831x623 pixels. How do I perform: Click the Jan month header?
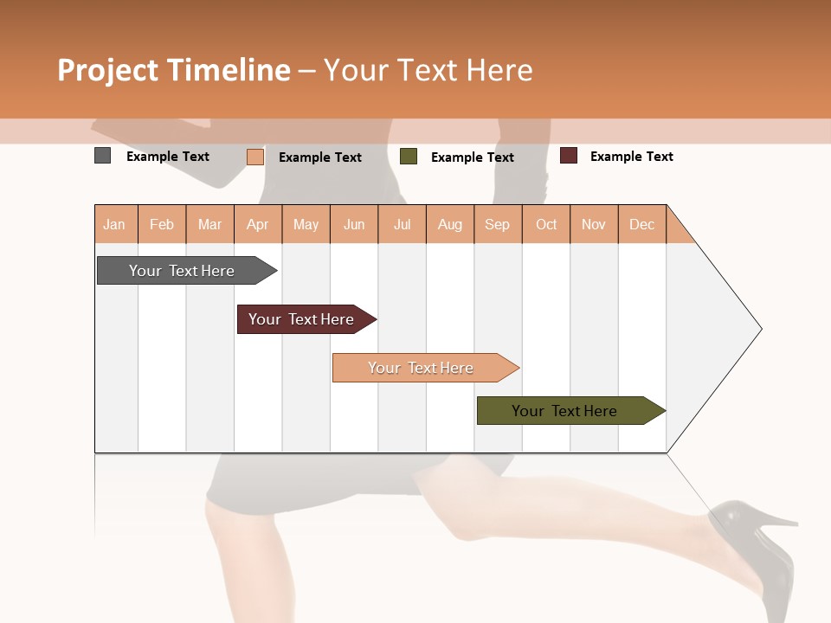coord(115,224)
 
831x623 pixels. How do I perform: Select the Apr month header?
coord(258,224)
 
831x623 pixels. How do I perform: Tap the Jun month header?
coord(354,224)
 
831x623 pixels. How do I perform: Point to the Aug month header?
coord(450,224)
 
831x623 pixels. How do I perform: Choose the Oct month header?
coord(546,224)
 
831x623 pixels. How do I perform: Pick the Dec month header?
coord(642,224)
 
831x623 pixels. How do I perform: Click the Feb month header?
coord(162,224)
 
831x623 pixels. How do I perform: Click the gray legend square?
coord(103,156)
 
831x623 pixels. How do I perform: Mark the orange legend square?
coord(255,157)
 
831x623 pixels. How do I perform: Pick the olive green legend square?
coord(409,157)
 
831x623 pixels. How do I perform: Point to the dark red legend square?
coord(569,156)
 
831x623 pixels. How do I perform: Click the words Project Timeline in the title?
coord(174,70)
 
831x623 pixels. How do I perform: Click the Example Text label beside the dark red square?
coord(631,157)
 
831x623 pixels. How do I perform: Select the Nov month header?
coord(594,224)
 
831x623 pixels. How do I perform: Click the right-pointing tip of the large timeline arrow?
coord(758,329)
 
